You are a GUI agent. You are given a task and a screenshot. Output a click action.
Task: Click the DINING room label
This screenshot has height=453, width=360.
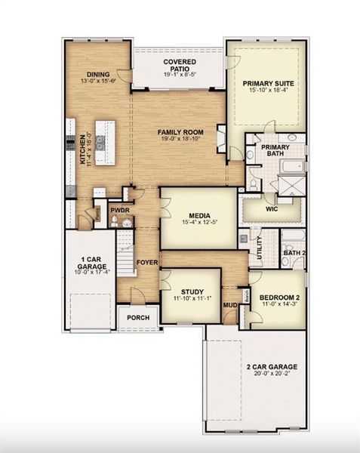pos(98,74)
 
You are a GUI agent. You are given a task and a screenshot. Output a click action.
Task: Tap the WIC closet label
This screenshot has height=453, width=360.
pos(272,208)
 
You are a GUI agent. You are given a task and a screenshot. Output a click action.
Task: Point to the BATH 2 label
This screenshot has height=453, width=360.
pos(294,252)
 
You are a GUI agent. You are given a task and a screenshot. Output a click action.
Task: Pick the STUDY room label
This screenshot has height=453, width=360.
pos(190,296)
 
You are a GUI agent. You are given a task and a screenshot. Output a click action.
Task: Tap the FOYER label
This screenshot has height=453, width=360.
pos(146,263)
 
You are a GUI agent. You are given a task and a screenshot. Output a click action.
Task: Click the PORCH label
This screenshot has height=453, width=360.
pos(137,317)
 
